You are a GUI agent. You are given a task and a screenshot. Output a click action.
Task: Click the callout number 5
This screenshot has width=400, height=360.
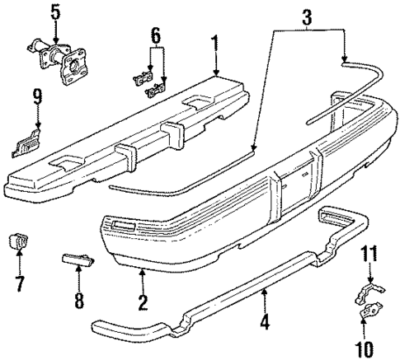coord(54,13)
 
